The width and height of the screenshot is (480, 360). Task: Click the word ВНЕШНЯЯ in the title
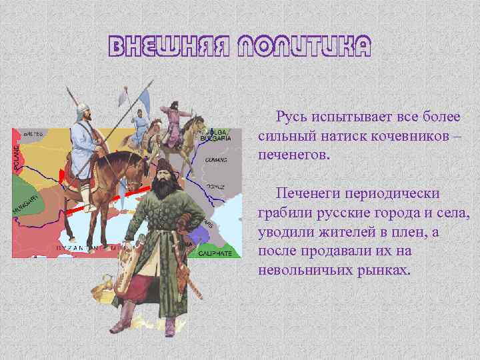tap(161, 47)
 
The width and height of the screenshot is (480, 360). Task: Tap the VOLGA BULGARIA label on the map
tap(216, 135)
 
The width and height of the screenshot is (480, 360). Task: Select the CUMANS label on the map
tap(217, 161)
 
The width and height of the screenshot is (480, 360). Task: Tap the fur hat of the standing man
tap(162, 164)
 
